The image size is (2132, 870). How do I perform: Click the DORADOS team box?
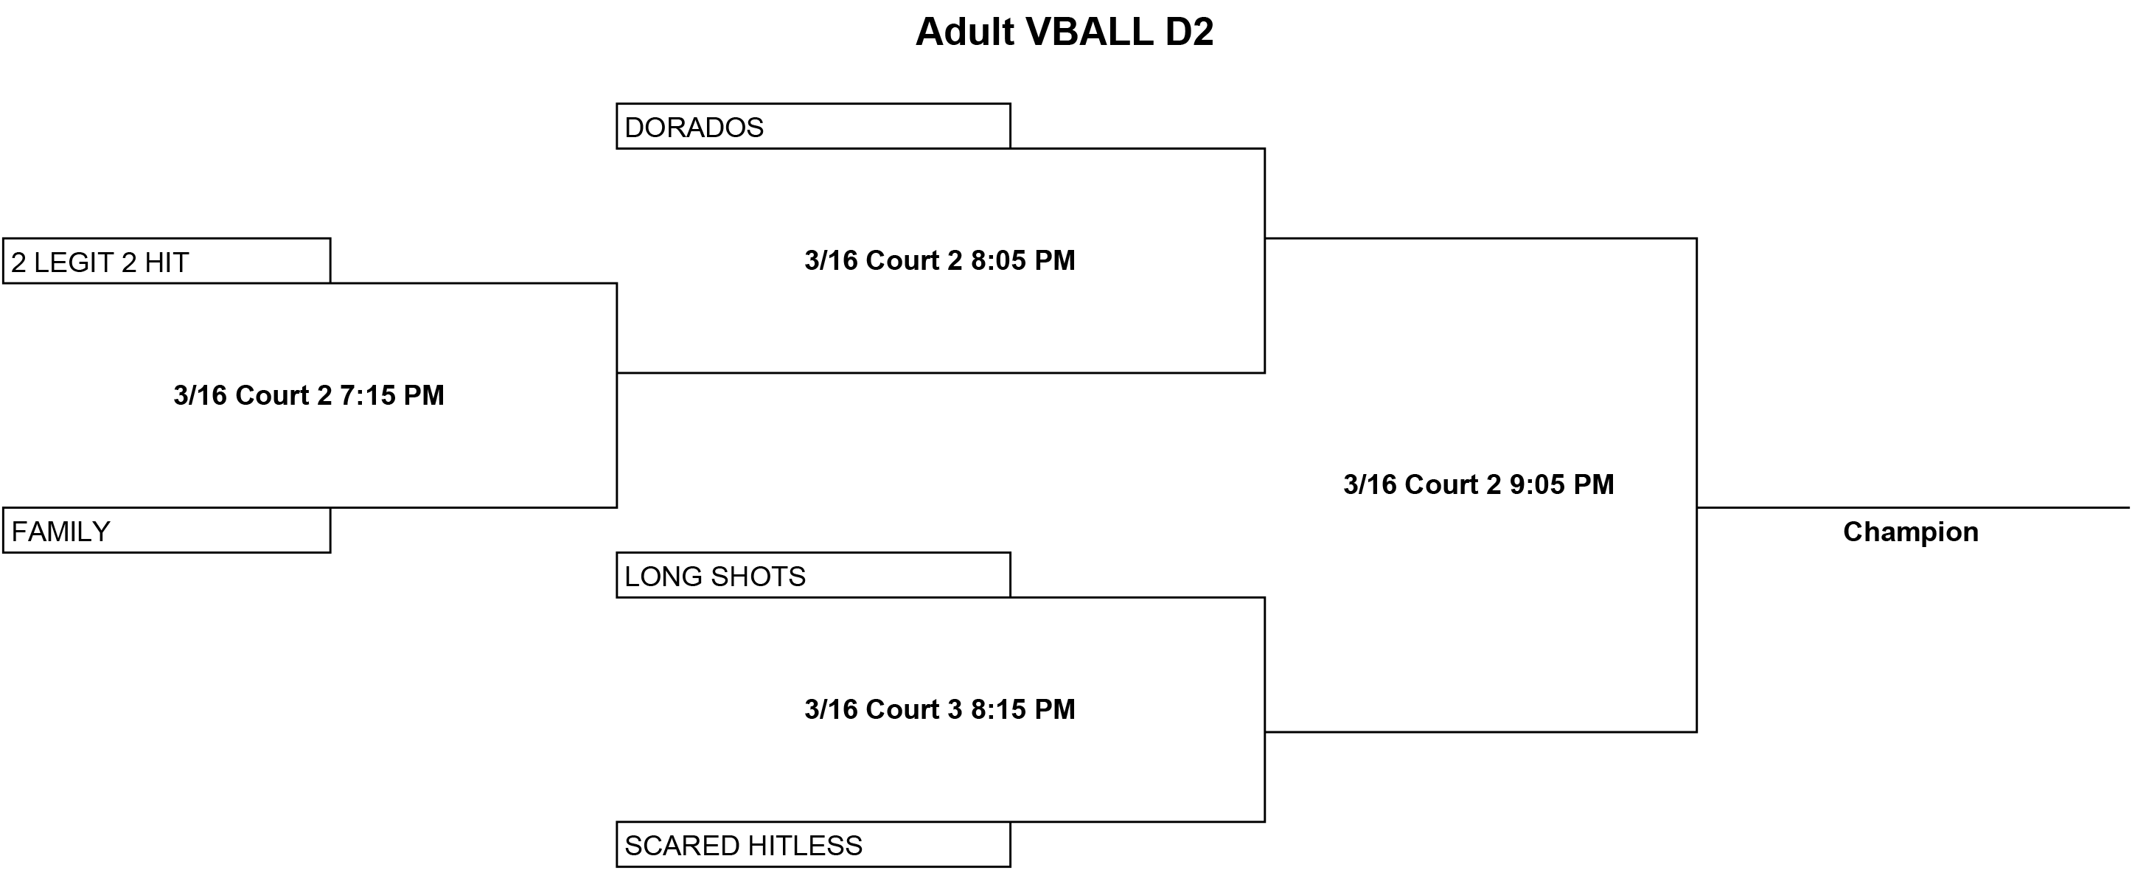click(812, 126)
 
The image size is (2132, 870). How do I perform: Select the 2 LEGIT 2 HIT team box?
click(167, 261)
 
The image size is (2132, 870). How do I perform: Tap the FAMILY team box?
click(167, 530)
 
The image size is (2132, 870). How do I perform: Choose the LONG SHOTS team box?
click(812, 574)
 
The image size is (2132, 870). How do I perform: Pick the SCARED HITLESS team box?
click(812, 844)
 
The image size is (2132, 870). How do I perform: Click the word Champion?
click(1910, 532)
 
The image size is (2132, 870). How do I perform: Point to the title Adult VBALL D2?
click(1065, 32)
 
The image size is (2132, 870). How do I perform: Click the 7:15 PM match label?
click(309, 395)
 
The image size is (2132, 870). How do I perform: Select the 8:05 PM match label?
click(939, 260)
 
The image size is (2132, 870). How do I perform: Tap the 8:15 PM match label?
click(939, 709)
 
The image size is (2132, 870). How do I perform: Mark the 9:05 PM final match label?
click(1478, 484)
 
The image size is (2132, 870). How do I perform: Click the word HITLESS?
click(802, 845)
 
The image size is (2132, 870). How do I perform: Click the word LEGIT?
click(74, 262)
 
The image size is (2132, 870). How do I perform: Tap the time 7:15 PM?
click(391, 395)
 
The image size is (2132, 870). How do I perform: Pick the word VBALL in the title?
click(1089, 32)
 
